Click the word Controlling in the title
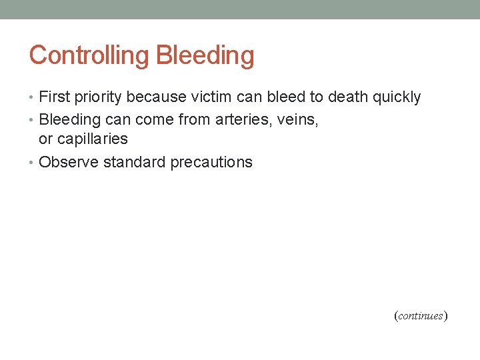[89, 55]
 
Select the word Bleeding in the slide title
[205, 55]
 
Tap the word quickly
[396, 97]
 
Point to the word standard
[134, 162]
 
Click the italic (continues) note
[421, 316]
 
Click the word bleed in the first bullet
[285, 97]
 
